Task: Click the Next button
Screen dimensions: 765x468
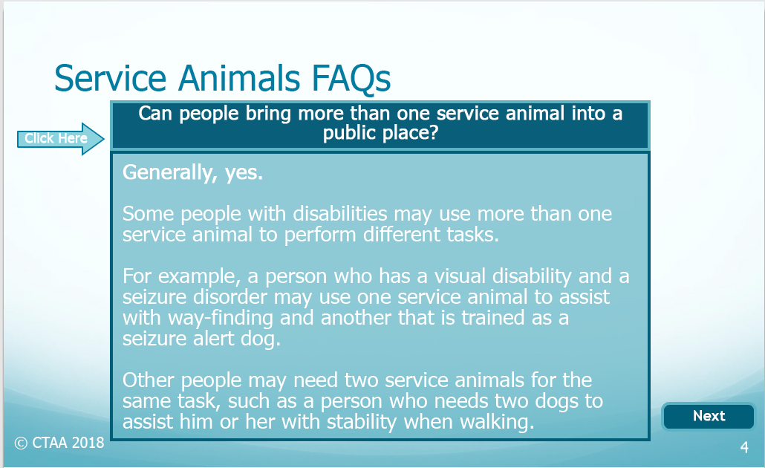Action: coord(709,416)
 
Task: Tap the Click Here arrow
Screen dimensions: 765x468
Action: coord(60,139)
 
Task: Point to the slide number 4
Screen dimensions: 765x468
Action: coord(744,447)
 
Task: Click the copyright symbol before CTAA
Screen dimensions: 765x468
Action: coord(21,443)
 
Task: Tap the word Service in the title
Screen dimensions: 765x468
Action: coord(110,79)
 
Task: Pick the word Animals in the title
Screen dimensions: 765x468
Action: coord(239,78)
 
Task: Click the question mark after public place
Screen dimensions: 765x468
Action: coord(433,132)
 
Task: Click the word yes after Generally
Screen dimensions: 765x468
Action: coord(244,174)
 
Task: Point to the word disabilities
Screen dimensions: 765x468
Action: coord(340,214)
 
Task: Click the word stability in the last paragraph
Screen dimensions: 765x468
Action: coord(362,422)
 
